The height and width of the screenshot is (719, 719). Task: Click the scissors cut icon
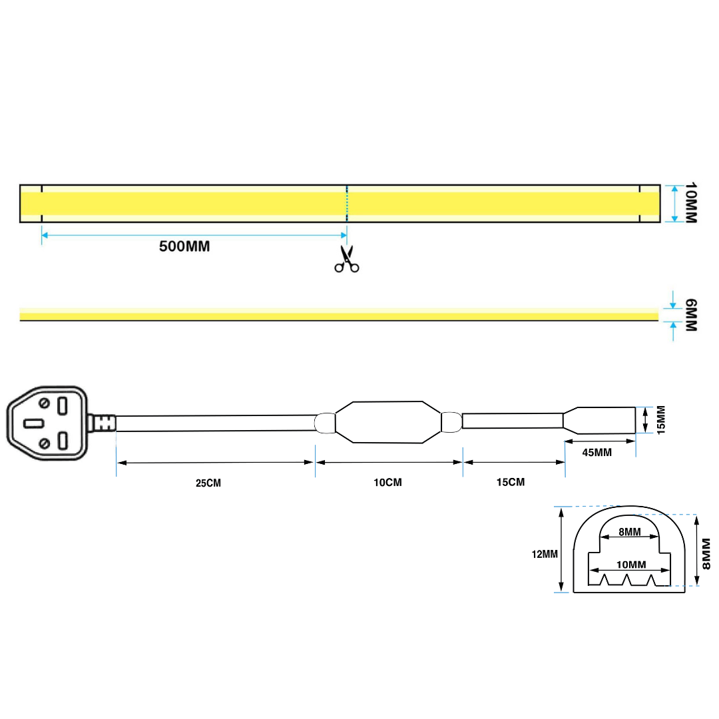[346, 260]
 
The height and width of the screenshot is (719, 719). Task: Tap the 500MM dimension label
[184, 246]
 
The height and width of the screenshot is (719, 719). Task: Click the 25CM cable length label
[208, 483]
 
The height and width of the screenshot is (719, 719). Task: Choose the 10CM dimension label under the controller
[388, 482]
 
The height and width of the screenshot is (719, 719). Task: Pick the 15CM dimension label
[511, 481]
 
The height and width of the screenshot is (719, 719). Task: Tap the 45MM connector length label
[597, 453]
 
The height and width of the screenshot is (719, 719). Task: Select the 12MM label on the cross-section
[545, 553]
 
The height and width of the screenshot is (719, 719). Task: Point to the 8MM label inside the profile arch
[629, 532]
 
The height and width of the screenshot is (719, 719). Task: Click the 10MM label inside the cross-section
[631, 565]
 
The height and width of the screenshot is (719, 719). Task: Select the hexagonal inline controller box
[388, 422]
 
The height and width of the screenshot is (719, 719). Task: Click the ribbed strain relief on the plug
[103, 423]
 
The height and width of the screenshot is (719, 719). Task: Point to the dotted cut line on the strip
[347, 203]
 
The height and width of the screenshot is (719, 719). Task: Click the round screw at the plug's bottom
[44, 443]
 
